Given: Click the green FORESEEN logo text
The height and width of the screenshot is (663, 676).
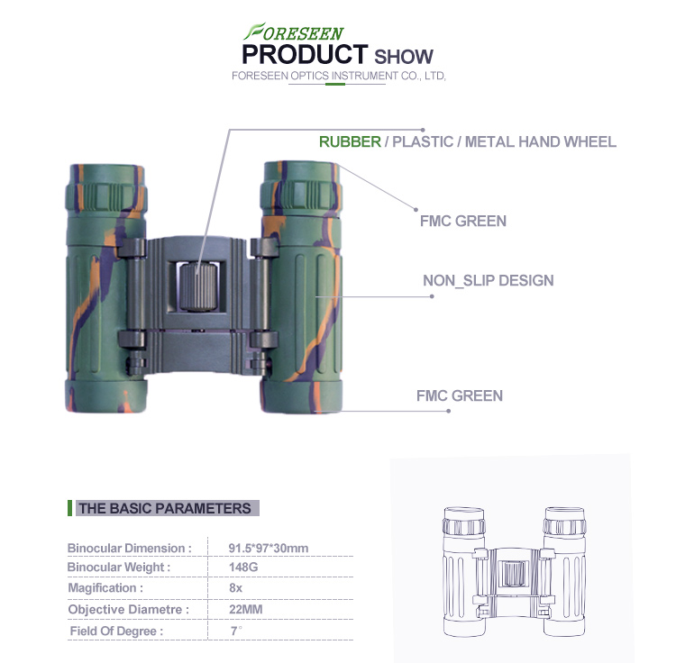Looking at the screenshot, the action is (294, 32).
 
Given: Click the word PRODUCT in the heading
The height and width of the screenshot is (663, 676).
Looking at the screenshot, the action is (305, 55).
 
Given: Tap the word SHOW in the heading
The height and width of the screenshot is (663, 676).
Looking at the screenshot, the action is (404, 57).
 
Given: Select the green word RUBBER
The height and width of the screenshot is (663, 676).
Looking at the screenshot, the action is (350, 141).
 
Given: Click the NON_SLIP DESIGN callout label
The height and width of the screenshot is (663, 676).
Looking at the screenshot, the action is (488, 280).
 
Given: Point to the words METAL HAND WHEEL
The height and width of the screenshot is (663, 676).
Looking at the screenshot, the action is (541, 141).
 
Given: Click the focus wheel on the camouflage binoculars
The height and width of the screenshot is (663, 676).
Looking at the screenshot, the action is (198, 287).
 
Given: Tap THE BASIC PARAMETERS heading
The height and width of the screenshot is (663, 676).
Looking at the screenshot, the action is (165, 508).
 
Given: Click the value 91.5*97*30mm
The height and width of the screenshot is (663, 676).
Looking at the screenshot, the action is (269, 548).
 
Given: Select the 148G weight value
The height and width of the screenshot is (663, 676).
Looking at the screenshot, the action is (243, 567).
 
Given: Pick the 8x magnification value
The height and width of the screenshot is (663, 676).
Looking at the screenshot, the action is (235, 588).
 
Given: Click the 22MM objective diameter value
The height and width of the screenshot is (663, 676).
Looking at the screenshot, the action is (246, 609).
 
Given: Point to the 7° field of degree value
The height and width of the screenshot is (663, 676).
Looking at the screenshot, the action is (236, 631).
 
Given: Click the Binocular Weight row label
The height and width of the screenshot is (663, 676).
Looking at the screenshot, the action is (119, 568).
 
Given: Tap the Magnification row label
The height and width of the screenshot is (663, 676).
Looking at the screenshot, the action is (105, 588).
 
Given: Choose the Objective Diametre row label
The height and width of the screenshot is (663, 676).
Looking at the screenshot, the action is (129, 610).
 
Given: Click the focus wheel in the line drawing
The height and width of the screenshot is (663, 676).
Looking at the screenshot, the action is (514, 574).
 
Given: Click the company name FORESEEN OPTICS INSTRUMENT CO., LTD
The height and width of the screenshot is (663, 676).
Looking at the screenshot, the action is (338, 76).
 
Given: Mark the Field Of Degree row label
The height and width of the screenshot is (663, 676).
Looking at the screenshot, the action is (116, 631).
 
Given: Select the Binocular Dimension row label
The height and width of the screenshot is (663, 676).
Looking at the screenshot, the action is (129, 549).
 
